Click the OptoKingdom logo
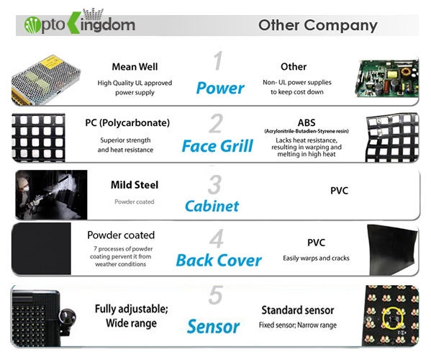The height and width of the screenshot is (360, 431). tap(80, 22)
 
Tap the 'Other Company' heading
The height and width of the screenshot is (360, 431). tap(318, 26)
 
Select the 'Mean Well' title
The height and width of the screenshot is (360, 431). tap(135, 67)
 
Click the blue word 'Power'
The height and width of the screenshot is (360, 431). tap(220, 88)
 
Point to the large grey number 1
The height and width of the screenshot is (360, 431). tap(218, 60)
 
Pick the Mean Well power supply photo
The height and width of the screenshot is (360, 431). tap(46, 80)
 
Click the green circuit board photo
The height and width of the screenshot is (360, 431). tap(386, 79)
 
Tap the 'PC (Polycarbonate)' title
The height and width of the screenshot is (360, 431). tap(127, 122)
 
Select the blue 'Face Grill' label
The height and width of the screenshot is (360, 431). tap(217, 145)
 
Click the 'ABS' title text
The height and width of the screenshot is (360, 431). tap(307, 122)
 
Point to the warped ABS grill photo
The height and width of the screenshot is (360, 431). tap(392, 138)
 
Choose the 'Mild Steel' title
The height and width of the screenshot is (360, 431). tap(135, 185)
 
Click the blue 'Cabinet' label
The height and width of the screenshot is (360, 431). tap(212, 206)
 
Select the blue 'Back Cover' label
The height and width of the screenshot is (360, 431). tap(219, 260)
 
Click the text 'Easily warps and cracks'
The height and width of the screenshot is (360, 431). tap(316, 258)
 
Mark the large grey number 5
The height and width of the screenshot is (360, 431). tap(216, 294)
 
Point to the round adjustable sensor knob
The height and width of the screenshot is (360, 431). tap(68, 317)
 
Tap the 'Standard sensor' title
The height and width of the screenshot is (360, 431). tap(298, 310)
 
